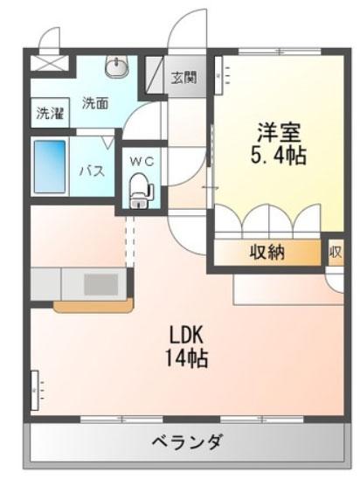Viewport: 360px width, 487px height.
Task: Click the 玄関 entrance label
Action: [x=183, y=77]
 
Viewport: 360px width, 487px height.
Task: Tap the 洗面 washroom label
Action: [x=95, y=102]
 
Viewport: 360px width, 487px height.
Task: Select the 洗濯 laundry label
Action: [x=49, y=113]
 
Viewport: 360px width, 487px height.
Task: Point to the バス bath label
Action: [x=93, y=170]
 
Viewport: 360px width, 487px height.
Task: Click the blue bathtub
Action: [x=50, y=169]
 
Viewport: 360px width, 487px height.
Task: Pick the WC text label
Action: [x=142, y=161]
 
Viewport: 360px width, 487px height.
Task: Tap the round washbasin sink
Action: [x=116, y=66]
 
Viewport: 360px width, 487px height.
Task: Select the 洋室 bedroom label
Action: [x=278, y=133]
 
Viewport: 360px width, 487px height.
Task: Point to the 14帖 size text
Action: [x=187, y=358]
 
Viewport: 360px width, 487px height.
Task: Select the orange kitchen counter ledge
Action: [x=92, y=306]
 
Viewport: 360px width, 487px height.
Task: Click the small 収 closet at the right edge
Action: [x=336, y=253]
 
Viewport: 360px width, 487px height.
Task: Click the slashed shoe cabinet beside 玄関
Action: [x=154, y=75]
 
